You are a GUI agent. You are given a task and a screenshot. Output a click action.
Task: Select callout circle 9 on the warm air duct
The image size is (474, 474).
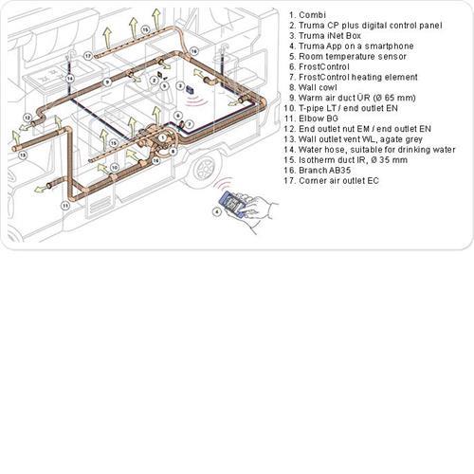point(107,82)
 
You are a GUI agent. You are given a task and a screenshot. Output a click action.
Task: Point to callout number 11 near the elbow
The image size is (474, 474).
point(64,205)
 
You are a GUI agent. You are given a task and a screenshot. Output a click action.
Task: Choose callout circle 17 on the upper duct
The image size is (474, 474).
point(87,56)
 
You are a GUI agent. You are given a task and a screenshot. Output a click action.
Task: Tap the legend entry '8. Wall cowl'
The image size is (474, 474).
point(326,86)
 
